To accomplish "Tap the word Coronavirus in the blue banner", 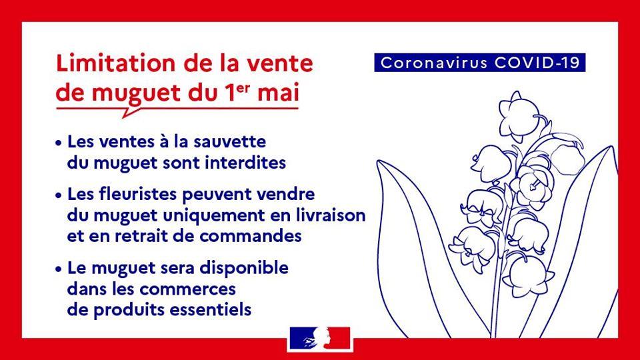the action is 434,63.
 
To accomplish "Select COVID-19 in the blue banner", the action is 537,63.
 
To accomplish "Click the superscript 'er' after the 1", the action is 244,87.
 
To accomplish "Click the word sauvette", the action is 229,141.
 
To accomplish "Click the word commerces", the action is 187,289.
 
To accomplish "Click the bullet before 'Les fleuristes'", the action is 59,195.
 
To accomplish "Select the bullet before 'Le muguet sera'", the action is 59,269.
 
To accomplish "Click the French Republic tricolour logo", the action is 319,339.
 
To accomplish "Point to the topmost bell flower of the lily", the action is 519,116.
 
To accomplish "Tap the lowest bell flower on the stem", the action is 527,276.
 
